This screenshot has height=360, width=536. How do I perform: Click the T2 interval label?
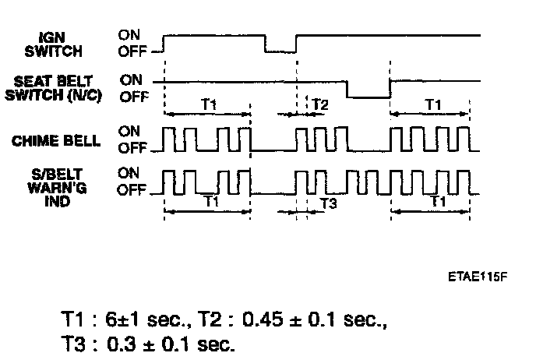click(319, 104)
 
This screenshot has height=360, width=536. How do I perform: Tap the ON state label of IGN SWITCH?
click(129, 34)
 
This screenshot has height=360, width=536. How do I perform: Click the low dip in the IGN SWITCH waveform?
click(280, 51)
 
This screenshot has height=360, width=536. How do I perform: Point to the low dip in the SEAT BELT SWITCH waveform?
click(368, 97)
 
